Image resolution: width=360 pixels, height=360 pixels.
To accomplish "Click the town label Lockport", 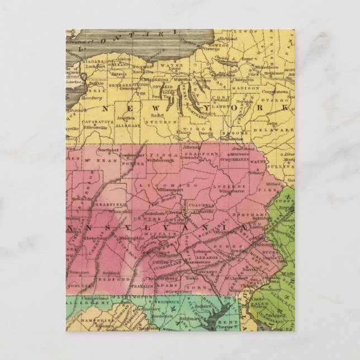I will [89, 65].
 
